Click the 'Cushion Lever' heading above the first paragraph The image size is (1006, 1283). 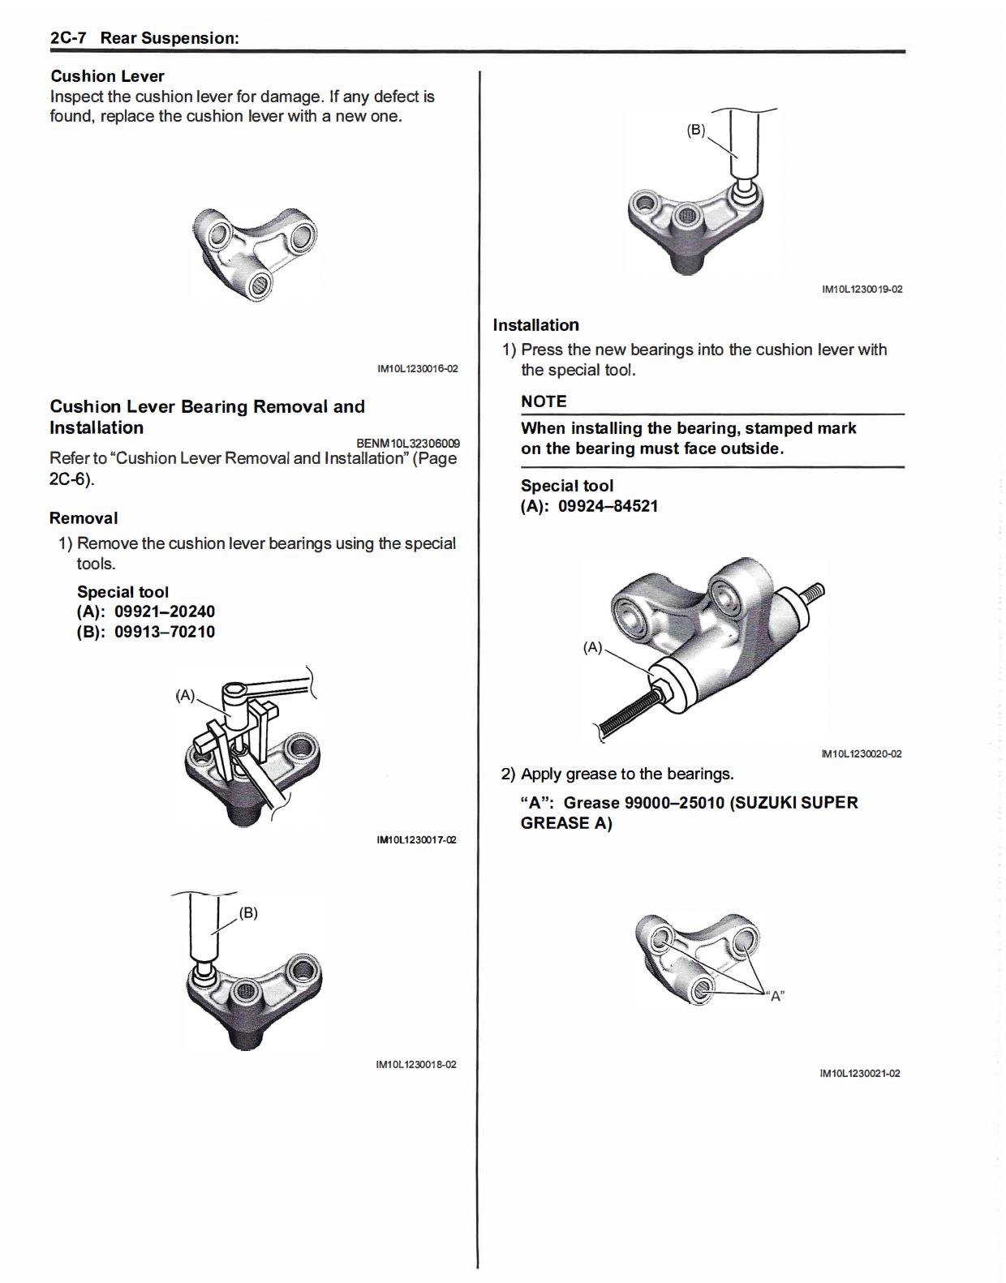tap(107, 76)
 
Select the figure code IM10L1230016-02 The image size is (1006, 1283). tap(417, 369)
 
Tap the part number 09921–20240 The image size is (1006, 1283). tap(165, 611)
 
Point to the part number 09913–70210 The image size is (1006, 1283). tap(165, 632)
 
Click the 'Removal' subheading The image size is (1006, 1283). tap(84, 518)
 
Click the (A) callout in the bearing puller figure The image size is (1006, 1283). tap(186, 695)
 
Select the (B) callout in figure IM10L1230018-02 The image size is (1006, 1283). tap(248, 912)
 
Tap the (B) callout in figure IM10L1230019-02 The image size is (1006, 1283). tap(696, 130)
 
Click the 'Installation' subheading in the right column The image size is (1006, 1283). tap(536, 325)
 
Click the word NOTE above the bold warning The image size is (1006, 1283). tap(544, 401)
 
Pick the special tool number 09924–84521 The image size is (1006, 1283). tap(608, 506)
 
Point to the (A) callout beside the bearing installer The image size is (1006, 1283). tap(593, 647)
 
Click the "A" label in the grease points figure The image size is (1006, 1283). tap(776, 996)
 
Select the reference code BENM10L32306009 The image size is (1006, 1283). tap(408, 444)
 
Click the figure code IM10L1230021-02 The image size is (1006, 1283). tap(860, 1074)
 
